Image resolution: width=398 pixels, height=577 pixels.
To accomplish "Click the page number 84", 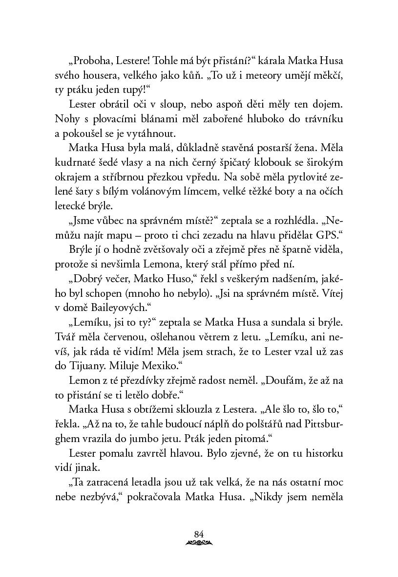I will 198,533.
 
